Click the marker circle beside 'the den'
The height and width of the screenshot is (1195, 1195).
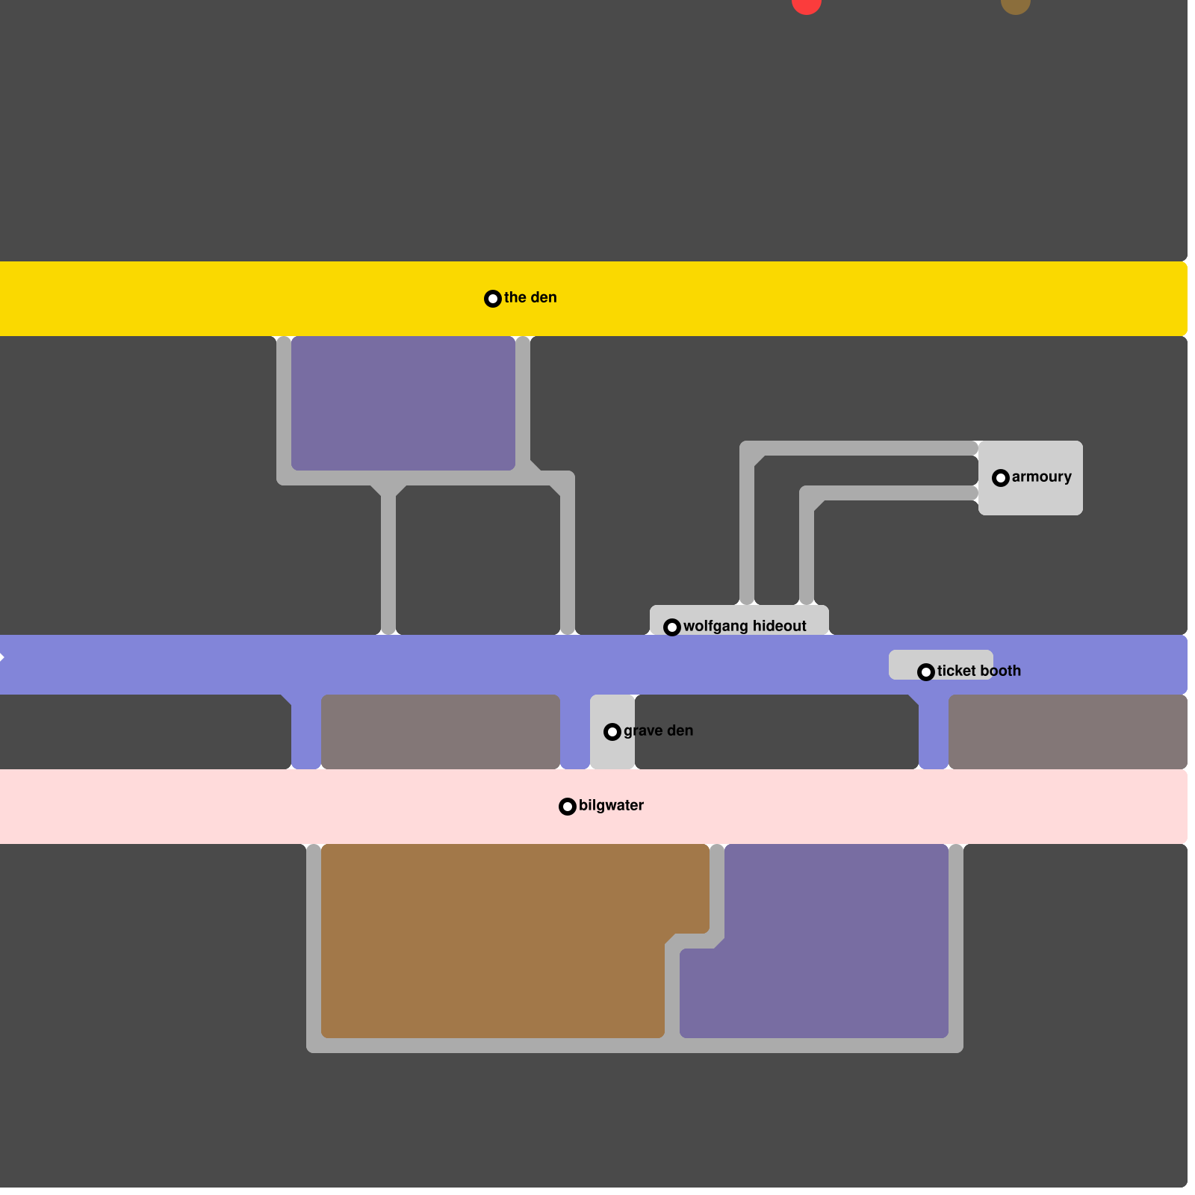click(493, 299)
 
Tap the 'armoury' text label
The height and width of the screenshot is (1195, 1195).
click(1041, 477)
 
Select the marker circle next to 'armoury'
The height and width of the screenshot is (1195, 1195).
click(1001, 478)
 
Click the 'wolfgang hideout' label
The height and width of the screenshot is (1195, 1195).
click(745, 626)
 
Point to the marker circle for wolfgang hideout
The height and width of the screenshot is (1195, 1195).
click(672, 627)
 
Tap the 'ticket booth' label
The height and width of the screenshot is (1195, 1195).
click(978, 671)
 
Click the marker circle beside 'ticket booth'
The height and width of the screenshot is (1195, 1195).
click(926, 672)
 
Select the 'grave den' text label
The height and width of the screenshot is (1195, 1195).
click(658, 730)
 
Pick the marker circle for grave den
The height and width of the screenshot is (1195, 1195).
click(612, 732)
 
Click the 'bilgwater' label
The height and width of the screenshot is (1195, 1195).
click(611, 805)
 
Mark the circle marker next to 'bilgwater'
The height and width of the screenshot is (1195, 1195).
click(568, 807)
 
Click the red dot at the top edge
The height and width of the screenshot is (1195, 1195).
click(807, 4)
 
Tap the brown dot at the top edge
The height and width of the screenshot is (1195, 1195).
click(1016, 4)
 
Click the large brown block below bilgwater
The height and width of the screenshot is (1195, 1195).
click(493, 941)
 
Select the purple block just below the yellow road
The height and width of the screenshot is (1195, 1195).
click(403, 403)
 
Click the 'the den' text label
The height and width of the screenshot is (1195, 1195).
click(530, 297)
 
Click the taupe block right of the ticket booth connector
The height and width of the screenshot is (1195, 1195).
click(1068, 732)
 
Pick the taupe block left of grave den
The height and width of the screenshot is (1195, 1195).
click(441, 732)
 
